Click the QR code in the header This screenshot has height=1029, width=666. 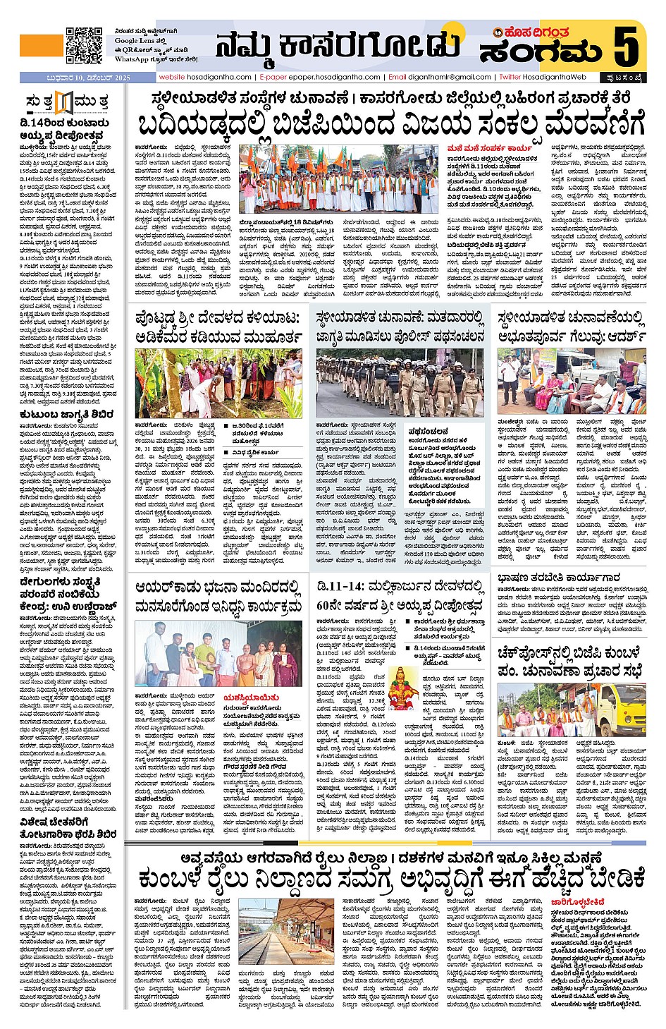point(84,45)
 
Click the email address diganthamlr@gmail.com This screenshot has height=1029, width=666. point(450,77)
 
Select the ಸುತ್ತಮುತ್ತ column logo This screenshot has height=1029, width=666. point(66,103)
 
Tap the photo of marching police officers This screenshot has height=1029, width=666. point(400,382)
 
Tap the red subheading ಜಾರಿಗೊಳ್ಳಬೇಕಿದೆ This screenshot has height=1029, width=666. point(578,901)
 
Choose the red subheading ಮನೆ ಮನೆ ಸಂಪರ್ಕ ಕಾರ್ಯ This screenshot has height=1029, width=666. point(490,149)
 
